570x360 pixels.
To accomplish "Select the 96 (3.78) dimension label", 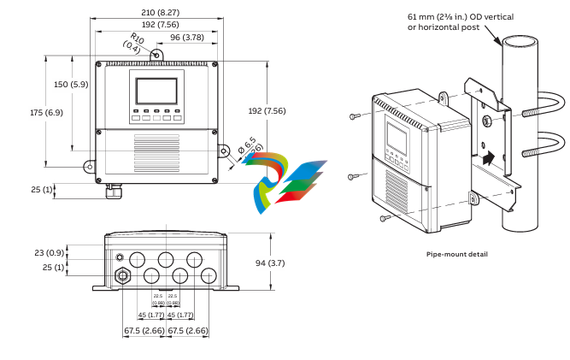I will pyautogui.click(x=186, y=38).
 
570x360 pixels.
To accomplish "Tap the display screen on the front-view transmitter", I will pyautogui.click(x=156, y=90).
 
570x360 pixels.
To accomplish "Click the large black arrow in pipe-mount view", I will pyautogui.click(x=488, y=157).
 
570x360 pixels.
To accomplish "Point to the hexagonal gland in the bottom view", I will pyautogui.click(x=121, y=275).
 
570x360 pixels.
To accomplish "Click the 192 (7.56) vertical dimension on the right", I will pyautogui.click(x=285, y=110).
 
